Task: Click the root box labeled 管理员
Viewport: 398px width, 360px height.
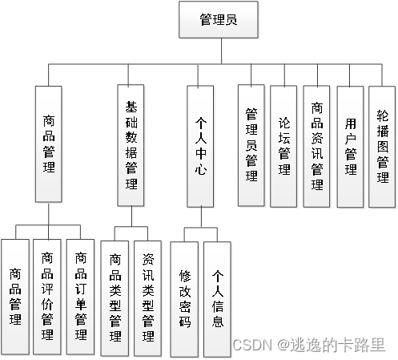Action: [218, 20]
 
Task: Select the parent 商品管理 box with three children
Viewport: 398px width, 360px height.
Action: [49, 144]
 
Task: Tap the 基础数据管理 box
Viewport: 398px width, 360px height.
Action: [131, 144]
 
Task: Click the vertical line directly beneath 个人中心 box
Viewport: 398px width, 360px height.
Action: [201, 216]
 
